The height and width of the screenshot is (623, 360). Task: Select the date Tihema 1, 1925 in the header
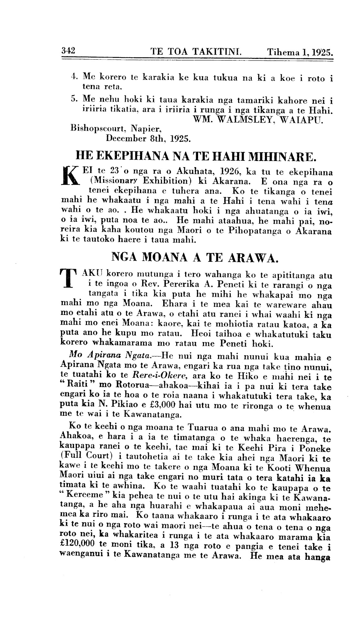coord(300,52)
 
